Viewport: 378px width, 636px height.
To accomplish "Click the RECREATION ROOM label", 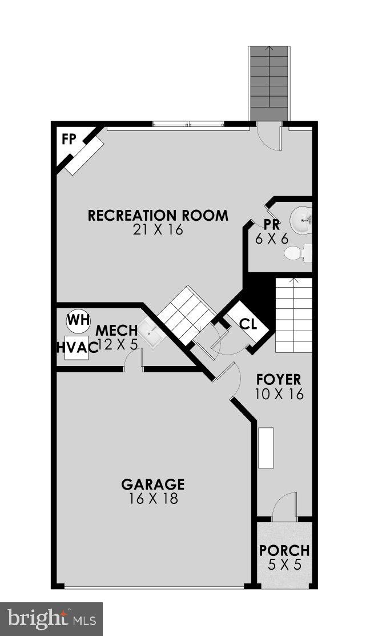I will pos(158,216).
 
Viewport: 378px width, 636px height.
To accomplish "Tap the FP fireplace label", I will pos(69,140).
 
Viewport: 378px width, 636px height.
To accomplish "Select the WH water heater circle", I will pos(78,320).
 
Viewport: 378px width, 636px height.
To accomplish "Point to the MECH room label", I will pos(116,331).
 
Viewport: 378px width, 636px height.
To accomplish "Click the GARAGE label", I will pos(152,484).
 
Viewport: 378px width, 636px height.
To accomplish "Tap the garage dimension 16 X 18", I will pos(152,499).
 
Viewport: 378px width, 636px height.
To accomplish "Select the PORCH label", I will pos(284,551).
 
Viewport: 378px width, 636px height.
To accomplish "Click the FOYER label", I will pos(279,379).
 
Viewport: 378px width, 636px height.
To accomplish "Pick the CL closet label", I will pos(248,324).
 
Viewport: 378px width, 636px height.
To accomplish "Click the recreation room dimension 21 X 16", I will pos(158,230).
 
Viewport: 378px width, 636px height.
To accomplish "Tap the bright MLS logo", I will pos(51,618).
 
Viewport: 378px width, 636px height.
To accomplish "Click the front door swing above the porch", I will pos(284,507).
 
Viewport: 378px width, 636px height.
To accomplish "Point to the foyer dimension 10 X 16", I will pos(279,394).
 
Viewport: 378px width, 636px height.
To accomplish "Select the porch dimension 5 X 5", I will pos(284,565).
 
